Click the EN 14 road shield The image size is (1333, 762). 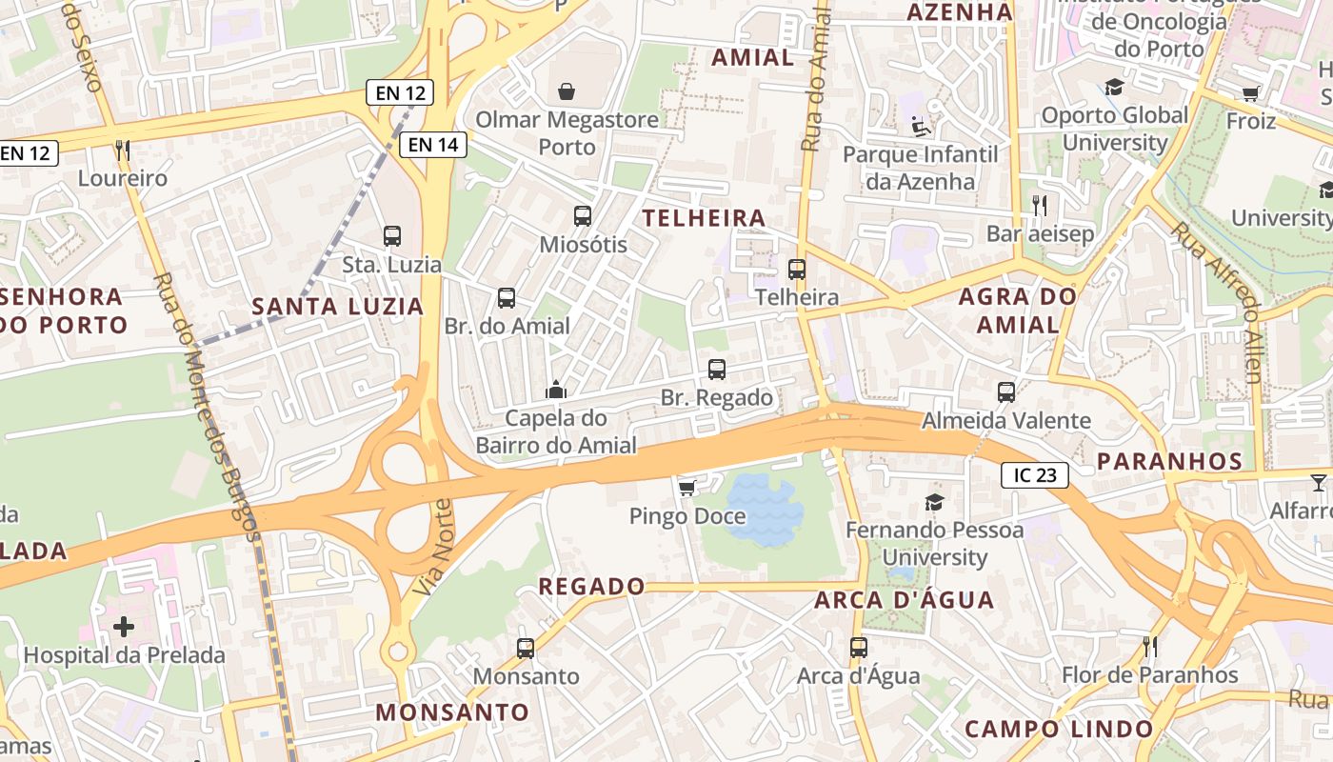click(434, 145)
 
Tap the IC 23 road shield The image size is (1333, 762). click(1034, 475)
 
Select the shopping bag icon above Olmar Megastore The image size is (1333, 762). click(567, 91)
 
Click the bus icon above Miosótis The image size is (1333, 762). click(583, 216)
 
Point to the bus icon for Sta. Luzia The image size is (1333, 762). click(392, 235)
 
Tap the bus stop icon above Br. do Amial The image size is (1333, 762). click(507, 298)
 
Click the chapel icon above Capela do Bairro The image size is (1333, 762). click(556, 390)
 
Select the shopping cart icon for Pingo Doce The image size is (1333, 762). click(686, 488)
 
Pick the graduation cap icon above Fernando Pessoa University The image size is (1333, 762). click(934, 502)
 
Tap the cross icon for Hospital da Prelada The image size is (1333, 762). click(124, 627)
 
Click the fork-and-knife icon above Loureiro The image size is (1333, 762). click(122, 150)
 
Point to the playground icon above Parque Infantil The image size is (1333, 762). click(920, 126)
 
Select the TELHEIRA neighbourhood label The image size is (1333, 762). click(704, 218)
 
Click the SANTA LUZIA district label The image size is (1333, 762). click(337, 307)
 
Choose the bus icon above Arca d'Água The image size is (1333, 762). click(859, 648)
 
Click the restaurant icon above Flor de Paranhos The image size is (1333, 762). click(1150, 647)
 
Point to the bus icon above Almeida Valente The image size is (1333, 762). click(1006, 391)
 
